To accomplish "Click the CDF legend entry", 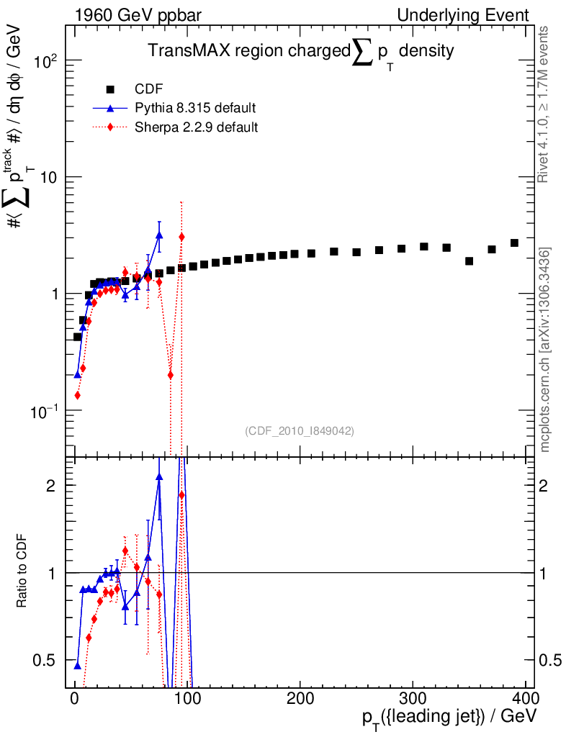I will [x=149, y=89].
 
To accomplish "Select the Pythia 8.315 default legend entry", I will [x=195, y=108].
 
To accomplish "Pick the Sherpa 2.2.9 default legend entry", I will [x=196, y=127].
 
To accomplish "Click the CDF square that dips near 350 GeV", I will [x=469, y=261].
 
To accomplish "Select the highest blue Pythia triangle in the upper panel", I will [x=159, y=235].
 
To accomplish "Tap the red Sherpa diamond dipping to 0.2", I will [x=170, y=374].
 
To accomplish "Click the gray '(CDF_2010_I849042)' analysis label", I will [x=300, y=430].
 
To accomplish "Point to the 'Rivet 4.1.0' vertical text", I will [x=544, y=104].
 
